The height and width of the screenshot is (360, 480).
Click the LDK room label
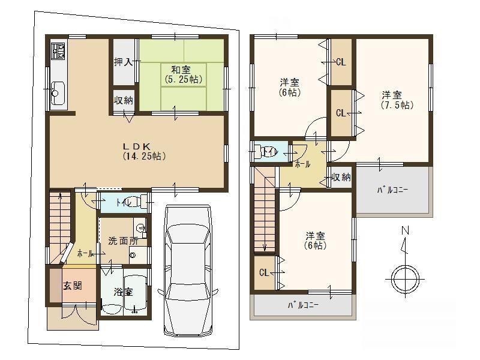(x=140, y=151)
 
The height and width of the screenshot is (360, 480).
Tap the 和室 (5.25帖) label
(x=184, y=74)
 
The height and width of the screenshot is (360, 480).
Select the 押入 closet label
(x=124, y=62)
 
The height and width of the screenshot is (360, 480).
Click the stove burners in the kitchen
(x=59, y=52)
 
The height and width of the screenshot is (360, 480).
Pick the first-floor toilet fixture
(x=135, y=202)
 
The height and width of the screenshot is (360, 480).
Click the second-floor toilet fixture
(x=266, y=151)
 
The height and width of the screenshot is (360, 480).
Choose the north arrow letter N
(x=405, y=230)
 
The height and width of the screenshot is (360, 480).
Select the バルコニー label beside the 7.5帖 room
(x=392, y=191)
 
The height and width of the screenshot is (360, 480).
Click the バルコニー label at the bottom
(x=302, y=305)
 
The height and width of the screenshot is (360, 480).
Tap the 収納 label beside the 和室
(x=124, y=101)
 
